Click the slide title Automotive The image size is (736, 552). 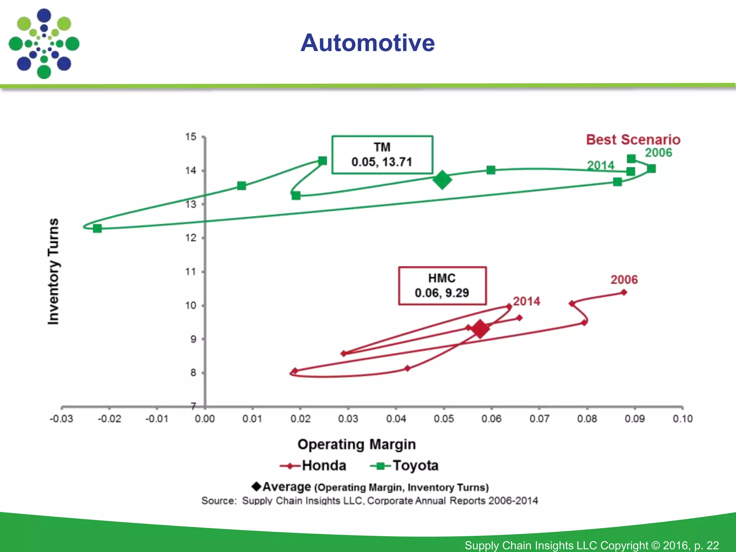pos(367,43)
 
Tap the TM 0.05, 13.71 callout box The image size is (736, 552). pos(382,155)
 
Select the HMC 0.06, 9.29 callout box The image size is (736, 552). pos(442,286)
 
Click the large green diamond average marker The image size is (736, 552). pos(442,180)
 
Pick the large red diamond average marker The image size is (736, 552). pos(480,328)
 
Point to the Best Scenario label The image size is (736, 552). pos(633,139)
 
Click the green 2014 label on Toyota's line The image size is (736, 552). pos(601,165)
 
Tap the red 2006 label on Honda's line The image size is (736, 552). pos(624,280)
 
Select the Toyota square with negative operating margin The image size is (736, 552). pos(97,228)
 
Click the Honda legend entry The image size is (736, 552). pos(313,466)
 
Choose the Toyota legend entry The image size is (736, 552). pos(405,466)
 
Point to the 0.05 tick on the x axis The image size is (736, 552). pos(443,419)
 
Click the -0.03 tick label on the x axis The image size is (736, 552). pos(61,419)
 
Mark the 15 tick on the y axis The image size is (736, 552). pos(191,137)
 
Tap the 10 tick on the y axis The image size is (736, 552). pos(191,305)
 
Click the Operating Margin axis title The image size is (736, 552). pos(356,445)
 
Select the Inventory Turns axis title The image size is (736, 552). pos(53,271)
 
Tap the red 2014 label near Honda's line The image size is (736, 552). pos(526,301)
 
